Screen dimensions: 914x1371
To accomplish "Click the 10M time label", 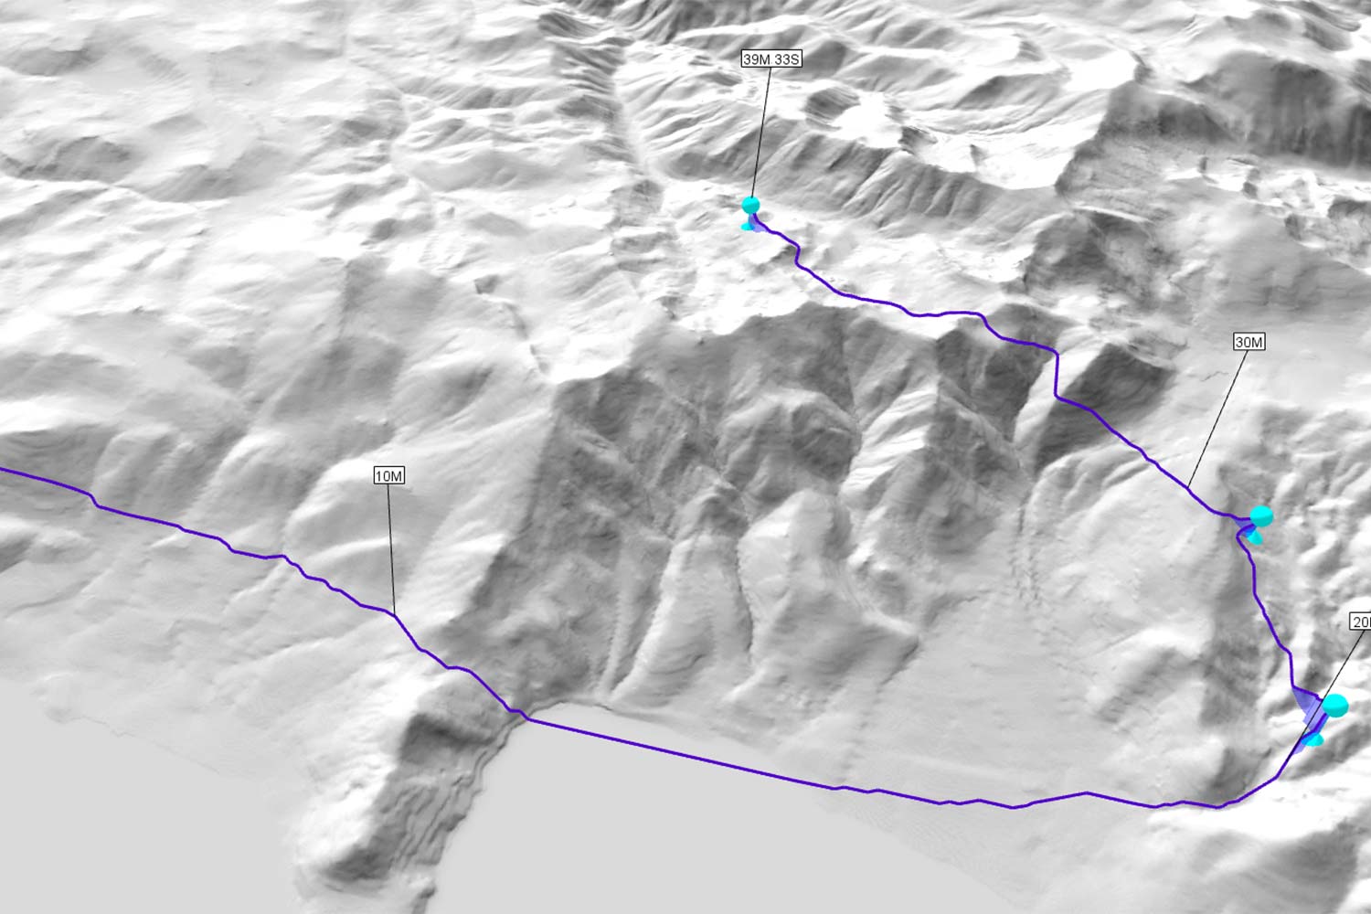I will click(389, 475).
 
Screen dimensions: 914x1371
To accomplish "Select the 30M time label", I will click(1249, 343).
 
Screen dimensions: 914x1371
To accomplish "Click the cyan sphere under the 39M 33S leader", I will click(751, 205).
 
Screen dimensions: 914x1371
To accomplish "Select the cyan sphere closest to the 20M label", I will click(1335, 706).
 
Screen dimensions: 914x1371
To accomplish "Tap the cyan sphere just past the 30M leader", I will click(1261, 516).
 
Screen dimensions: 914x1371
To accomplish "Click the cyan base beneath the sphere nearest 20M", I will click(1314, 739).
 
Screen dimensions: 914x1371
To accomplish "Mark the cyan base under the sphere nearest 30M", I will click(1257, 538).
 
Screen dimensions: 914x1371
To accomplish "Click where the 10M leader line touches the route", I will click(394, 612).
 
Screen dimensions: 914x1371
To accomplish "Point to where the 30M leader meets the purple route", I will click(1190, 485).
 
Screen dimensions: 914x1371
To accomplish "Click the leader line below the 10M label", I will click(391, 548).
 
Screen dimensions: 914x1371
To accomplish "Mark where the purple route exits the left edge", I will click(3, 470).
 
